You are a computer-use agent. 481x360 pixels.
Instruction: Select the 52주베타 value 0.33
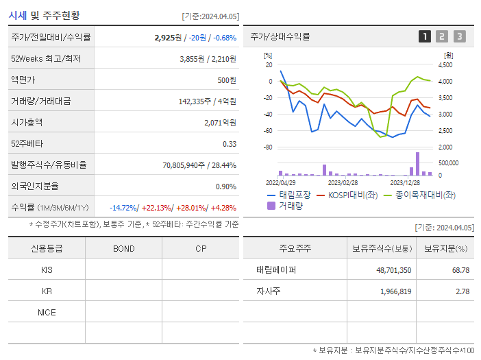pos(230,143)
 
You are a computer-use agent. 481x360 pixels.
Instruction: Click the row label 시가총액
pos(27,122)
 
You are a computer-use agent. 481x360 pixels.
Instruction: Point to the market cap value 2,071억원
pos(220,122)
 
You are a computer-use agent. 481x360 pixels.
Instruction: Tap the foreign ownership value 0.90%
pos(226,186)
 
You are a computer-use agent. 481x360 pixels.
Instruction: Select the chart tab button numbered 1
pos(425,36)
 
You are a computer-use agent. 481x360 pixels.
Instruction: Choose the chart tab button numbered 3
pos(460,36)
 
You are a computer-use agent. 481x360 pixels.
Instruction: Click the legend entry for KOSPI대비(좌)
pos(349,195)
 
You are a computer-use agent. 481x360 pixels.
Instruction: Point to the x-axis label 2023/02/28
pos(343,182)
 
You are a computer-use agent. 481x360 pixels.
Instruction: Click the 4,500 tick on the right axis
pos(445,64)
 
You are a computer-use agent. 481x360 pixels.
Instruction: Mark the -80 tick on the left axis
pos(268,147)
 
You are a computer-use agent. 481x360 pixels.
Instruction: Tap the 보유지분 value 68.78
pos(461,270)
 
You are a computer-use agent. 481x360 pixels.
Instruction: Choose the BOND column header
pos(124,248)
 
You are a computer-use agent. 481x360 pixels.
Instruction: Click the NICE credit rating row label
pos(47,312)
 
